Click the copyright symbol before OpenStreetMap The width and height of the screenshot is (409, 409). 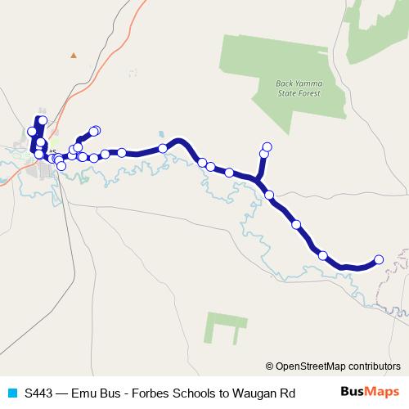(x=270, y=366)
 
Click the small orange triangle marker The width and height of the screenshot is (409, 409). (x=73, y=56)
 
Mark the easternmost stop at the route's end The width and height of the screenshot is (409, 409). (x=379, y=260)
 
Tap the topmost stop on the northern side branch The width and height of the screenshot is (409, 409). (x=266, y=146)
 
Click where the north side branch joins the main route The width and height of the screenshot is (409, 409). (x=258, y=180)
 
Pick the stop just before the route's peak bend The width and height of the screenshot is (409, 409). (x=164, y=148)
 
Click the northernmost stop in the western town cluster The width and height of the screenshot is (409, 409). (x=43, y=121)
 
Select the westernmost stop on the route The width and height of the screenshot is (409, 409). (x=32, y=131)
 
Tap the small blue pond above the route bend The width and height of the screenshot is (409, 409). (x=161, y=135)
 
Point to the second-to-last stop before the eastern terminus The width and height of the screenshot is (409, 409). (x=322, y=255)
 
